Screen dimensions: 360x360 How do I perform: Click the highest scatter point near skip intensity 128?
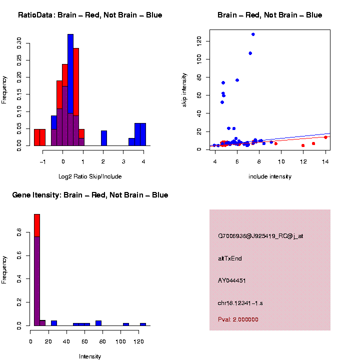click(253, 34)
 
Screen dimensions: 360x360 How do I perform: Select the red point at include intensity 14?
click(325, 137)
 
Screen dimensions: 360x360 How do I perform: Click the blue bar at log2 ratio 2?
click(104, 138)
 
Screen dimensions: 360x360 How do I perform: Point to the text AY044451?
click(232, 280)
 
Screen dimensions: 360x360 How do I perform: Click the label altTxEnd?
click(230, 258)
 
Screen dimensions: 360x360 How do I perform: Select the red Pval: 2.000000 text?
click(238, 319)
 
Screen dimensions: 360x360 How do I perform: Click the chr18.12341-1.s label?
click(239, 303)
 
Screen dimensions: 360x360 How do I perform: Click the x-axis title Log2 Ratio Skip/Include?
click(90, 176)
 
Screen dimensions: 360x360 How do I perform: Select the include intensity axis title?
click(270, 176)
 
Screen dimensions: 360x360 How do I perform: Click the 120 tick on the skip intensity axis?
click(198, 40)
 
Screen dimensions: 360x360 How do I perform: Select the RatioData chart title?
click(90, 15)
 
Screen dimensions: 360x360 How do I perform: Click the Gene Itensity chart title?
click(90, 195)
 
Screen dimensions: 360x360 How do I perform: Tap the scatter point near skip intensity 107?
click(250, 53)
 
